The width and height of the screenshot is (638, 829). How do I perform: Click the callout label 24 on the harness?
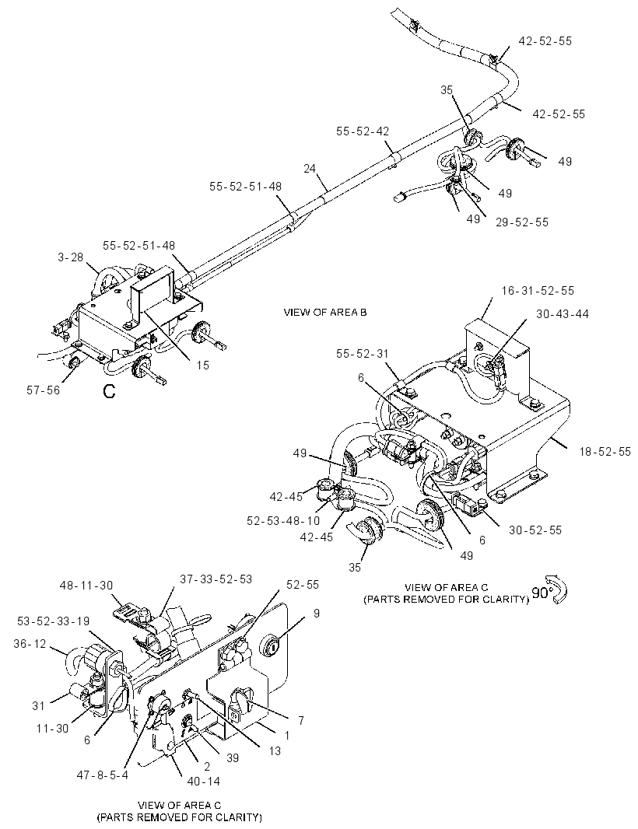point(310,169)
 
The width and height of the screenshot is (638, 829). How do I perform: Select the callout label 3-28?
point(70,257)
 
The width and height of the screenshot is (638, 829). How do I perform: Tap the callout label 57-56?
point(44,390)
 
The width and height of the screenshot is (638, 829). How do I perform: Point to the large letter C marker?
point(109,391)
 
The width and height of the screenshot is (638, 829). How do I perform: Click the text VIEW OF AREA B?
point(324,312)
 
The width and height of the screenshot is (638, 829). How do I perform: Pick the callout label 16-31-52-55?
point(538,290)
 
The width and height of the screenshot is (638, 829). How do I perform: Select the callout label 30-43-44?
point(563,313)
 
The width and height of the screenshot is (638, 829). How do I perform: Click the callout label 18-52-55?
point(605,452)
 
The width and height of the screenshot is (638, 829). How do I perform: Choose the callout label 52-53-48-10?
point(283,521)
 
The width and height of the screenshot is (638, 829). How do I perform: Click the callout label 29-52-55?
point(522,222)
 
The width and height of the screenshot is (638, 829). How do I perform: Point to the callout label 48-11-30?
point(87,586)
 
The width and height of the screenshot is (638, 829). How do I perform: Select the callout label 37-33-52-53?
point(216,579)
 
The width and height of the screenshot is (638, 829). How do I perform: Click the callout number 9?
point(317,614)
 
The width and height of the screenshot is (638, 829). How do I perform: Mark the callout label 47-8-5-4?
point(103,775)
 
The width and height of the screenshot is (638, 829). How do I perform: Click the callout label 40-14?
point(203,781)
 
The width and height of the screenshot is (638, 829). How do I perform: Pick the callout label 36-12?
point(30,644)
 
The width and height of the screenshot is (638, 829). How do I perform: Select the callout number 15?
point(203,365)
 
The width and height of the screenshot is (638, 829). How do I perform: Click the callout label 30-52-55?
point(535,530)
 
